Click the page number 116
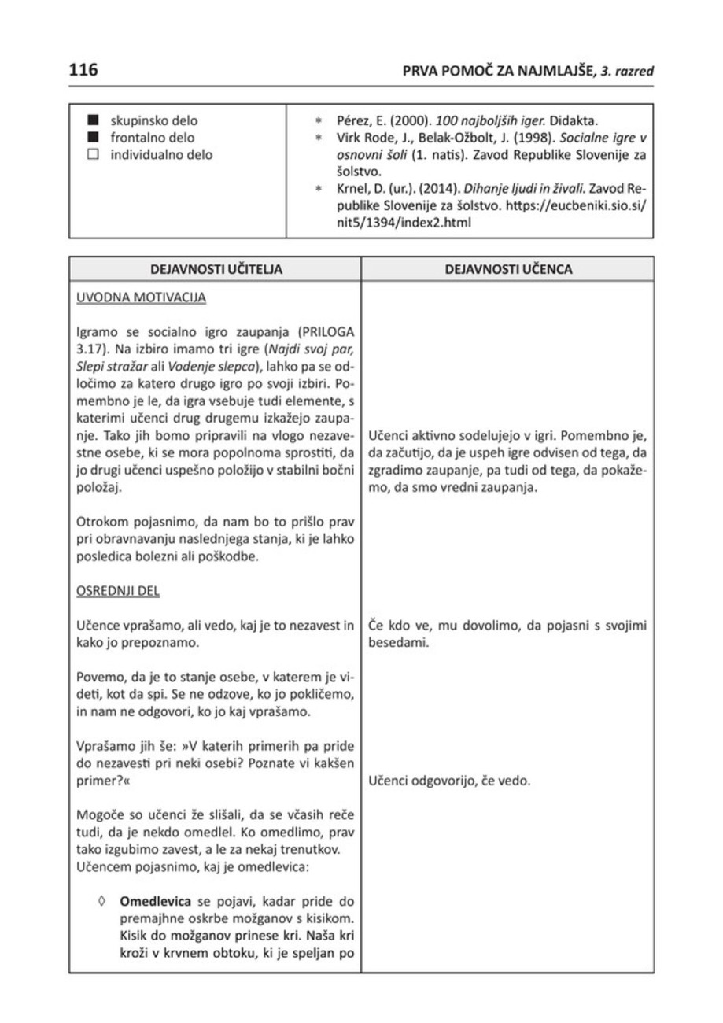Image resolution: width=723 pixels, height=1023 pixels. [83, 70]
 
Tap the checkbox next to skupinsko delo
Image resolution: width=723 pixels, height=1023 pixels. [94, 121]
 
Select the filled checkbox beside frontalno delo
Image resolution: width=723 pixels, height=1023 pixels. [94, 138]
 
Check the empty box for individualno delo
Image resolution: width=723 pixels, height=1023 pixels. [94, 156]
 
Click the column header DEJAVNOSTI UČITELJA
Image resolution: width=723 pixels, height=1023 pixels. [216, 269]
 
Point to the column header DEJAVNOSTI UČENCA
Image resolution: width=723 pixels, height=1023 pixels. [508, 269]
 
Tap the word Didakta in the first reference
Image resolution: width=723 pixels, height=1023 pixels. [575, 121]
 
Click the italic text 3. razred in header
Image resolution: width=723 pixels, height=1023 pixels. [628, 71]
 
